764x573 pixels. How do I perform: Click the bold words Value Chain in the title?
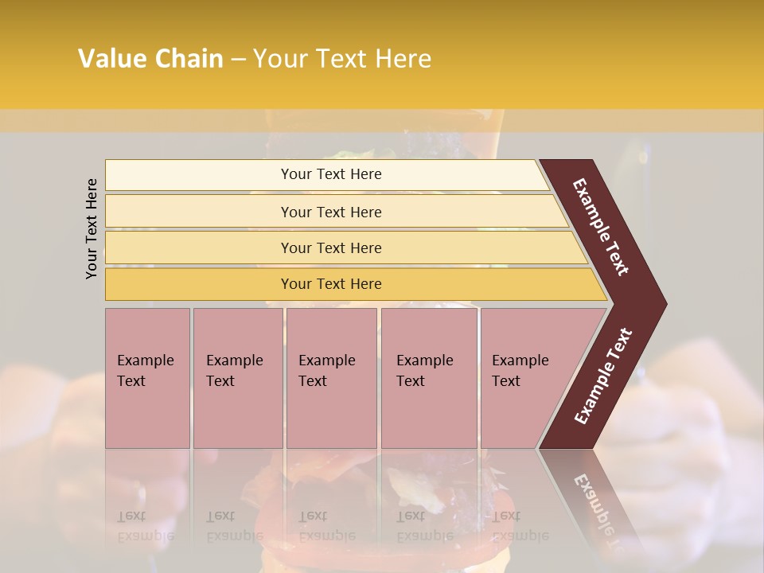click(150, 59)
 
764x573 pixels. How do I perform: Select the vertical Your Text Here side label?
click(92, 228)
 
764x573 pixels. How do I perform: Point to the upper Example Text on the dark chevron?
click(601, 227)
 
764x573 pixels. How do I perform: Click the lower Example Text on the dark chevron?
click(603, 376)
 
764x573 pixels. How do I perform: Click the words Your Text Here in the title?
click(342, 59)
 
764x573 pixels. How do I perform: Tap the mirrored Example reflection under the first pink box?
click(145, 536)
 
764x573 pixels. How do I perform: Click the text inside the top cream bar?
click(331, 174)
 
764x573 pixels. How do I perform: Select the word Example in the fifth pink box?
click(520, 361)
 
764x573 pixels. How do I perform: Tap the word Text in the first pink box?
click(131, 381)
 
